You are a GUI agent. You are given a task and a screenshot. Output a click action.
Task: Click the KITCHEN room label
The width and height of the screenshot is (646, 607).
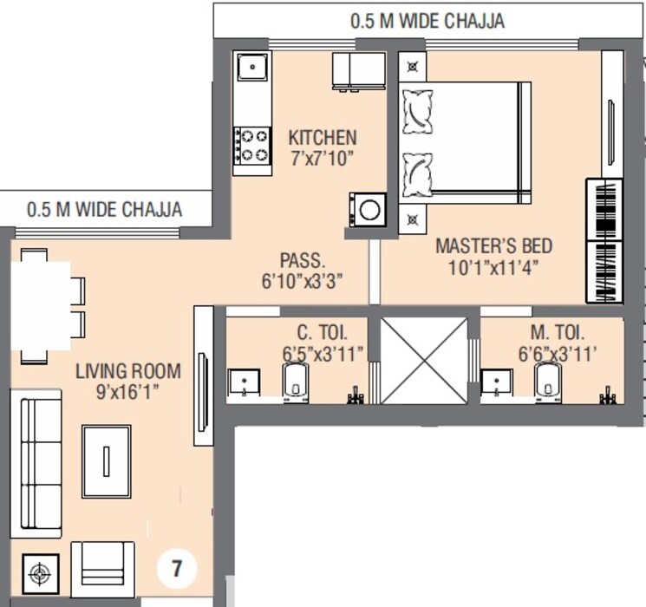[x=322, y=138]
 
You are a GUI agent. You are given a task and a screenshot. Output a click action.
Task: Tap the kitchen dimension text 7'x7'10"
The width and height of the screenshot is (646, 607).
[x=322, y=159]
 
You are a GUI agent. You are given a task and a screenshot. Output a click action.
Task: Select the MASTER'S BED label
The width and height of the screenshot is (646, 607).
[x=493, y=245]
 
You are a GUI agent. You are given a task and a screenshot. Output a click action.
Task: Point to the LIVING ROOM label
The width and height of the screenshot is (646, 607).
[x=128, y=372]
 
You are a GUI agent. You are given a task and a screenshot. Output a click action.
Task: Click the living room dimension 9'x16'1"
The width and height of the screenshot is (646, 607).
[x=128, y=392]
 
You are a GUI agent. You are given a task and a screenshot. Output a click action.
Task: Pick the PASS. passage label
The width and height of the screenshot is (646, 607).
[x=303, y=260]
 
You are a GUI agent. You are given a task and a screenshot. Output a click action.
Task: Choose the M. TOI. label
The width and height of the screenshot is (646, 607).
[x=558, y=332]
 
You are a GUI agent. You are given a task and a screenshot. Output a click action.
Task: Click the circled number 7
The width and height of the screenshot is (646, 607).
[x=177, y=569]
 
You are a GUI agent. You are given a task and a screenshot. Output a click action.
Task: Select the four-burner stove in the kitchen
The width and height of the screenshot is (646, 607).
[x=252, y=145]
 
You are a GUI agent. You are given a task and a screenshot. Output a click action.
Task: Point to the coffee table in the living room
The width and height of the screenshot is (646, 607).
[x=107, y=460]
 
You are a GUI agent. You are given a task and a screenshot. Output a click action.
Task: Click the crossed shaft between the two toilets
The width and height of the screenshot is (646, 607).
[x=424, y=359]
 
